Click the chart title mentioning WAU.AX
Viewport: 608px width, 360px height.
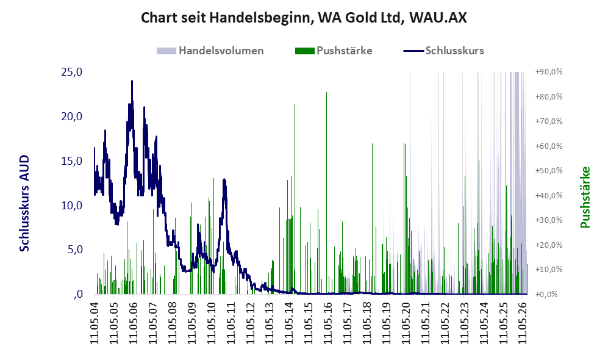(304, 18)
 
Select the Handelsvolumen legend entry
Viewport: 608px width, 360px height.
(210, 51)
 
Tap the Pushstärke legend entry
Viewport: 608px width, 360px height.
(334, 51)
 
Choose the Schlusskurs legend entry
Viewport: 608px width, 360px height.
(443, 51)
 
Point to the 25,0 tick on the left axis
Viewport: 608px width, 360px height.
(72, 72)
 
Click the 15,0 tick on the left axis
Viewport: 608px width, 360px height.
(72, 160)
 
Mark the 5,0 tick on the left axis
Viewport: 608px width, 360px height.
(75, 249)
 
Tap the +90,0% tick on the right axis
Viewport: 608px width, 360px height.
(549, 72)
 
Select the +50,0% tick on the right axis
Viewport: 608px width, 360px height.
(549, 171)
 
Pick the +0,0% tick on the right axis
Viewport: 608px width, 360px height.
(547, 294)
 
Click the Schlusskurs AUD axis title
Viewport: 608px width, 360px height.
(24, 203)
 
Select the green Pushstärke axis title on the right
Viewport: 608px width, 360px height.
(585, 197)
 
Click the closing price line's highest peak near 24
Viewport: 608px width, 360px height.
(132, 81)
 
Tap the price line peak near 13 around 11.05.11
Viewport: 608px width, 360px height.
(224, 179)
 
